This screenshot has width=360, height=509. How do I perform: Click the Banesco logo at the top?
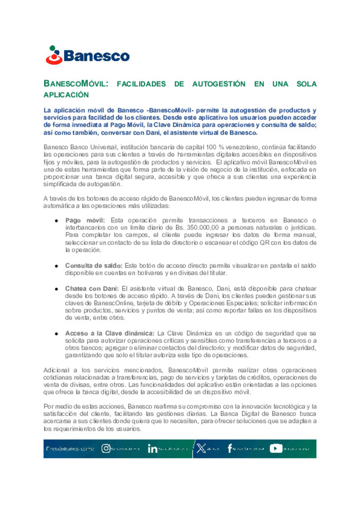pos(87,55)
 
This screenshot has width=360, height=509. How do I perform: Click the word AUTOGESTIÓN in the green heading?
pos(219,84)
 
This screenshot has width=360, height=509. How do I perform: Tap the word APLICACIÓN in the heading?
pos(66,95)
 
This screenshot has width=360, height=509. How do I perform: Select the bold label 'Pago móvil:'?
pos(85,221)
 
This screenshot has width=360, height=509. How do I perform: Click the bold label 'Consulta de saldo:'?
pos(94,266)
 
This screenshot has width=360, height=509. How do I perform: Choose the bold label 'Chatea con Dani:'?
pos(92,289)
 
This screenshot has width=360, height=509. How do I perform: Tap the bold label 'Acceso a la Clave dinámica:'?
pos(110,333)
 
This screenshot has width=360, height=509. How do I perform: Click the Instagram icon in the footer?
pos(106,449)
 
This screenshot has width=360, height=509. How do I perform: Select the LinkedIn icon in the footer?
pos(152,449)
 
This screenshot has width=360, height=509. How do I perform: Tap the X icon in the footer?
pos(201,449)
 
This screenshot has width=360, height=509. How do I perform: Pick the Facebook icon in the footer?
pos(230,448)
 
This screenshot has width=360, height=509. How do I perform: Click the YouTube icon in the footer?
pos(276,449)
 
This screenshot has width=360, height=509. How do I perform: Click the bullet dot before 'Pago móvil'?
pos(57,221)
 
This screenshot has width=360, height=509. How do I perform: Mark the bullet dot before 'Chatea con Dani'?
pos(57,289)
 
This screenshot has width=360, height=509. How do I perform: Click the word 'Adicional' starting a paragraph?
pos(56,370)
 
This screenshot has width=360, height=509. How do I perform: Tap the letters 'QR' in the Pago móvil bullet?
pos(264,243)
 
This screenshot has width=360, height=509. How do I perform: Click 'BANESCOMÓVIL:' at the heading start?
pos(76,84)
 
